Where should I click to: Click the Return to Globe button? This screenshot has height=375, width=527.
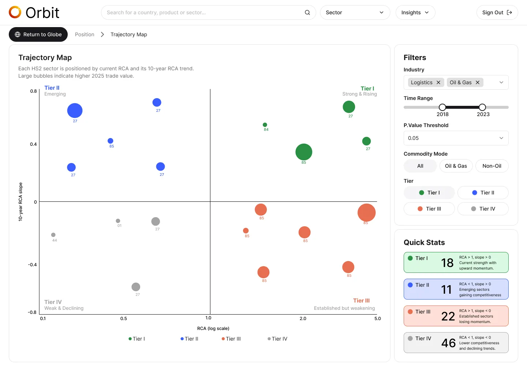click(x=38, y=34)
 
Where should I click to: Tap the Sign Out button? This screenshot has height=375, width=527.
click(x=497, y=12)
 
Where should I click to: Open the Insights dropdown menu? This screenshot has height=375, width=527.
click(x=415, y=12)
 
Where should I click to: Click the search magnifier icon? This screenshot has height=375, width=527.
click(x=307, y=12)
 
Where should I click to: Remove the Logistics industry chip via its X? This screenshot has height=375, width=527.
click(x=438, y=82)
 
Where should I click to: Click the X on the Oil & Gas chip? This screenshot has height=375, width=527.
click(x=478, y=82)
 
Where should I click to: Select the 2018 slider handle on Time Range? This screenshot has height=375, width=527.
click(x=442, y=107)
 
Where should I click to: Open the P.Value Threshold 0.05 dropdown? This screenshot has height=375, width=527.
click(x=456, y=138)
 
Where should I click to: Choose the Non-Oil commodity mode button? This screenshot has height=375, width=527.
click(x=492, y=166)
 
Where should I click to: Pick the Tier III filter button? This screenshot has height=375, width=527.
click(x=429, y=209)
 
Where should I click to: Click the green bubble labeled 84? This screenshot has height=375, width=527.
click(x=265, y=125)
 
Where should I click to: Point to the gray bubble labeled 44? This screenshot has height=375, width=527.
click(x=53, y=235)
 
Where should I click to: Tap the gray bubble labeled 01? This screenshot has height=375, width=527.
click(x=118, y=221)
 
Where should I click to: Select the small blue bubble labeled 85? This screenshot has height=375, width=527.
click(x=111, y=141)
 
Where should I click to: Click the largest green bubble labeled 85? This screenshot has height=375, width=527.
click(x=304, y=152)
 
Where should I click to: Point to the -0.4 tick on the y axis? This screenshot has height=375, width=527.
click(x=33, y=265)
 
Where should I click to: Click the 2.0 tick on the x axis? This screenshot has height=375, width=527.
click(x=303, y=319)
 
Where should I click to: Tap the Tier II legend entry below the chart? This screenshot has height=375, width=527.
click(x=190, y=339)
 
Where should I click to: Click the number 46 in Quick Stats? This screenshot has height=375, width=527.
click(x=448, y=343)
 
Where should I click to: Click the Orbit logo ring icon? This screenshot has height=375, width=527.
click(x=15, y=12)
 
